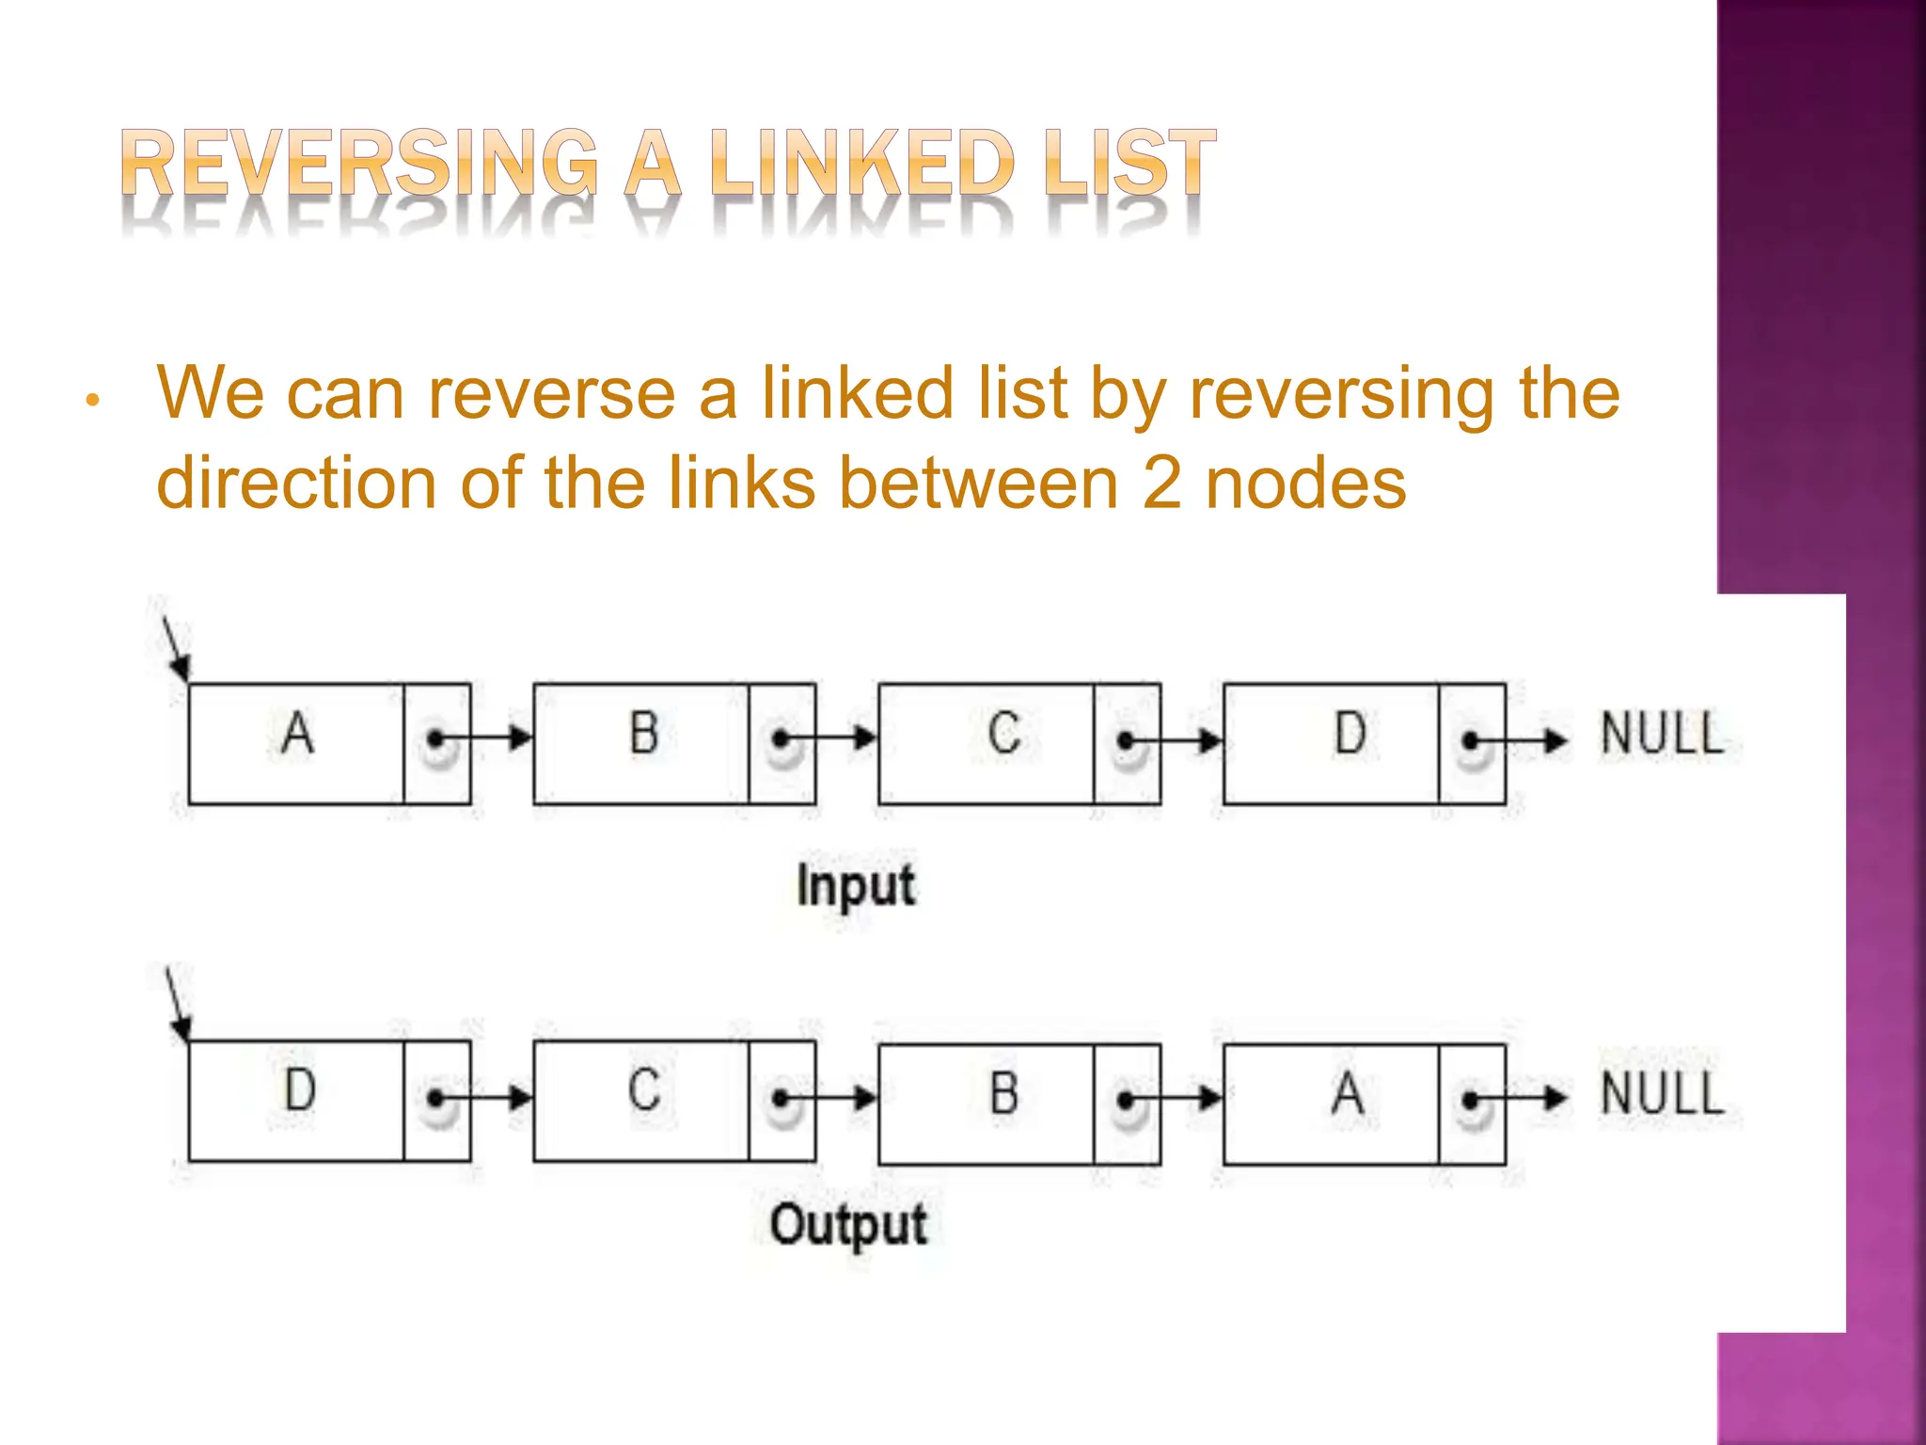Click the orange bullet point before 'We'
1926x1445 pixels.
(92, 401)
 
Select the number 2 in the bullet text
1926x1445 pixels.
(1161, 483)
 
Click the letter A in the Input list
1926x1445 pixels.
(297, 733)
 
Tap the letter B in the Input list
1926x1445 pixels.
(644, 733)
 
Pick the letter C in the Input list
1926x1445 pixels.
(1004, 733)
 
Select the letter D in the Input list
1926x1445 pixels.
(1350, 733)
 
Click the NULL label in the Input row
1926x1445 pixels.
(1662, 735)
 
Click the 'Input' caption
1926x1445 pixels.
(855, 886)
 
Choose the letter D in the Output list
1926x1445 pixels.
(300, 1090)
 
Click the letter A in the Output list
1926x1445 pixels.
(1348, 1094)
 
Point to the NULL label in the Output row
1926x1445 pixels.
(1662, 1095)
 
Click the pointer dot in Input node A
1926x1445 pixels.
(434, 739)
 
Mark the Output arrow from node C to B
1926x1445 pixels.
(828, 1098)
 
